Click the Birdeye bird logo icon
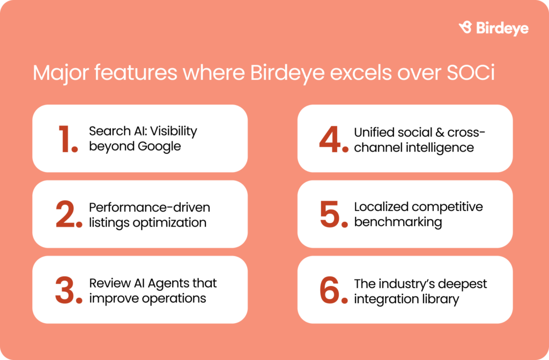pyautogui.click(x=465, y=27)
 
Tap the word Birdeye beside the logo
pyautogui.click(x=502, y=28)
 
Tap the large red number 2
pyautogui.click(x=69, y=214)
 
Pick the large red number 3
pyautogui.click(x=69, y=290)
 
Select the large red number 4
pyautogui.click(x=333, y=139)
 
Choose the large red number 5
pyautogui.click(x=333, y=214)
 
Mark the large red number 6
pyautogui.click(x=333, y=290)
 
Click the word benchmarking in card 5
pyautogui.click(x=398, y=222)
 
